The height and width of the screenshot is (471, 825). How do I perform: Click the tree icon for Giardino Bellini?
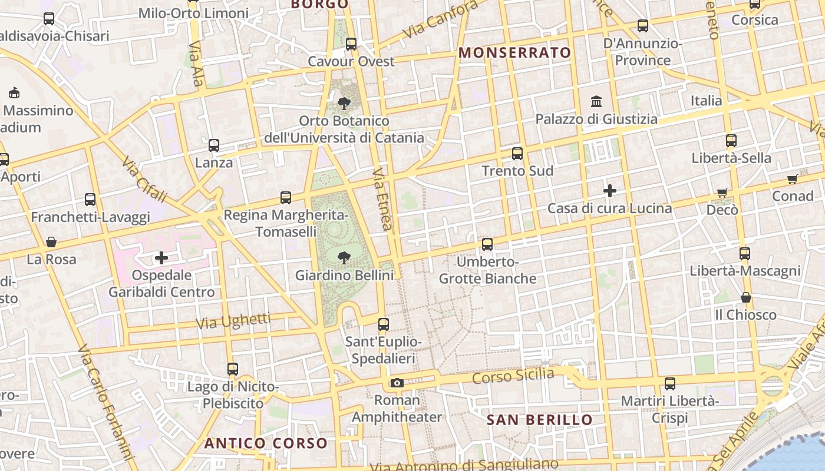point(344,257)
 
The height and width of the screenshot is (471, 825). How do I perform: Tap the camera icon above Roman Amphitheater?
point(397,383)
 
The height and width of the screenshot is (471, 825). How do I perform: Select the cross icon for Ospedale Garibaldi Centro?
point(161,257)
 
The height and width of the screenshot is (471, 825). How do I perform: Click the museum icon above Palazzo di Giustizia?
point(596,101)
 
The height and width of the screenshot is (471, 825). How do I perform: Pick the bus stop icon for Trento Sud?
point(517,154)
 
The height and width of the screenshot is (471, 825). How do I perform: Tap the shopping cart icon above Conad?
point(793,179)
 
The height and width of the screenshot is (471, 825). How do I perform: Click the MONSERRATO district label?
point(515,52)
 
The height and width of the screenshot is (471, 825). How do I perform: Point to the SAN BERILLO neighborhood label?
point(539,420)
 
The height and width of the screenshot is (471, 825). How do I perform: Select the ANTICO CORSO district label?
point(266,443)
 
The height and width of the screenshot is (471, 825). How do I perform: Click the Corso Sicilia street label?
point(513,376)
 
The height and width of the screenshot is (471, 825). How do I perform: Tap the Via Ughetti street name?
point(233,321)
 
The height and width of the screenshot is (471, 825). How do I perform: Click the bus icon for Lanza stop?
point(214,145)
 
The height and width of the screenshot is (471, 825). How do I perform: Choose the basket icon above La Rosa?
point(51,242)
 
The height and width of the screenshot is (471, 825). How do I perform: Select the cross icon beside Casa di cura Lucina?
point(610,191)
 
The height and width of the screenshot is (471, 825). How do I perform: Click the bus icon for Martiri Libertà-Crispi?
point(670,384)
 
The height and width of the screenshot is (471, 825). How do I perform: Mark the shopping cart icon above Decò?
point(722,193)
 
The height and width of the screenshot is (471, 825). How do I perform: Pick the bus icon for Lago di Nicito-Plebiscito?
point(233,369)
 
